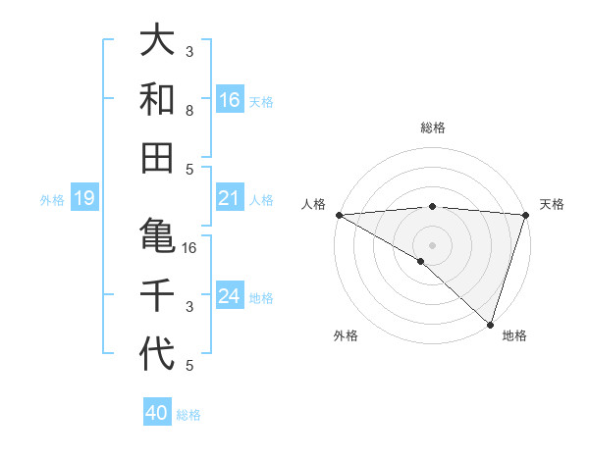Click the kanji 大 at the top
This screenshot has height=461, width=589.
tap(157, 42)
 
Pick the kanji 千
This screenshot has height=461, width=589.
tap(157, 294)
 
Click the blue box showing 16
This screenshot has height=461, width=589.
tap(230, 99)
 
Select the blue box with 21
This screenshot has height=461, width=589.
tap(230, 198)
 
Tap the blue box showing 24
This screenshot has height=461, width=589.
tap(230, 296)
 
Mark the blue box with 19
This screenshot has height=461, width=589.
tap(83, 199)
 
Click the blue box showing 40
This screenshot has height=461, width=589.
tap(157, 413)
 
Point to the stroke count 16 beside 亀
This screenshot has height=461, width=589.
tap(189, 247)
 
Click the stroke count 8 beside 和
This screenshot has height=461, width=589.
tap(189, 111)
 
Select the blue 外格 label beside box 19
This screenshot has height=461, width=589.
tap(52, 200)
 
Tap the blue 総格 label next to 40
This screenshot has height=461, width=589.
tap(189, 415)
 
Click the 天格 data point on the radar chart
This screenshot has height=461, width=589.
tap(525, 215)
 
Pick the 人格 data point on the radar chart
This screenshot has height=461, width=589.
tap(339, 215)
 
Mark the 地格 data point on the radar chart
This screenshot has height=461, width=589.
tap(490, 324)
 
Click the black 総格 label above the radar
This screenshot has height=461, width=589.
tap(432, 128)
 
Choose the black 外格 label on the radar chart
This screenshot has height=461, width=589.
tap(346, 336)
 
